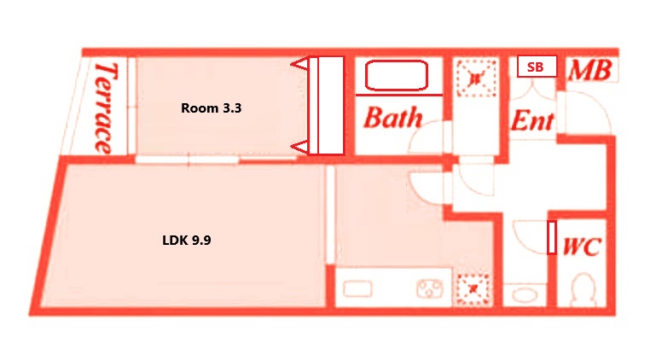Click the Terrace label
coord(105,107)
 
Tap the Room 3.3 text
coord(211,108)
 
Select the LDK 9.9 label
coord(187,240)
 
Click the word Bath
coord(393,118)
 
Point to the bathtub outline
coord(397,76)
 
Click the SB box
coord(537,67)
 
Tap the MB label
coord(589,70)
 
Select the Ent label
coord(532,120)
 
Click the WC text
coord(582,246)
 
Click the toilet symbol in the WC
coord(584,289)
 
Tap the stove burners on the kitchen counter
coord(430,289)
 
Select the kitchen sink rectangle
coord(357,289)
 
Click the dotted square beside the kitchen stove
coord(473,289)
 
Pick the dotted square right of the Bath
coord(476,78)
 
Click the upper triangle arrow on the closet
coord(300,65)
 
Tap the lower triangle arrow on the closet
coord(300,147)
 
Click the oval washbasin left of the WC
coord(525,294)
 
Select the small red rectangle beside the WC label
coord(552,237)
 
